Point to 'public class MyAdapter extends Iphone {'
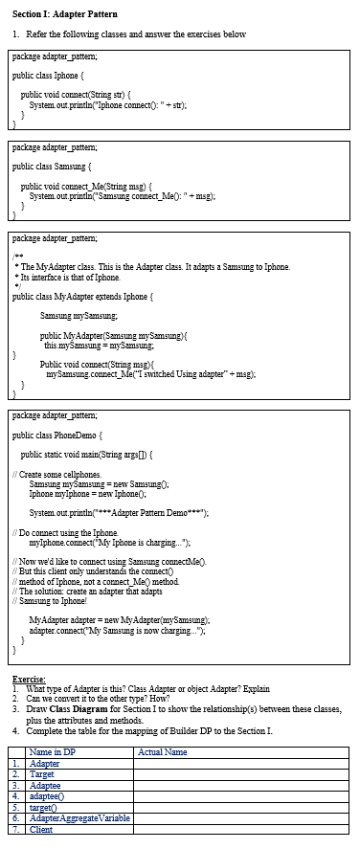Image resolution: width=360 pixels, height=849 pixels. point(82,296)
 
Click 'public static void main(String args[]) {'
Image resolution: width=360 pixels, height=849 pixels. point(91,454)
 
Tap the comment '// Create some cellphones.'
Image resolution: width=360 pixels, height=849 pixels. point(56,474)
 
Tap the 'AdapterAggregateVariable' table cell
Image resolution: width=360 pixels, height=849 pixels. point(79,817)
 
